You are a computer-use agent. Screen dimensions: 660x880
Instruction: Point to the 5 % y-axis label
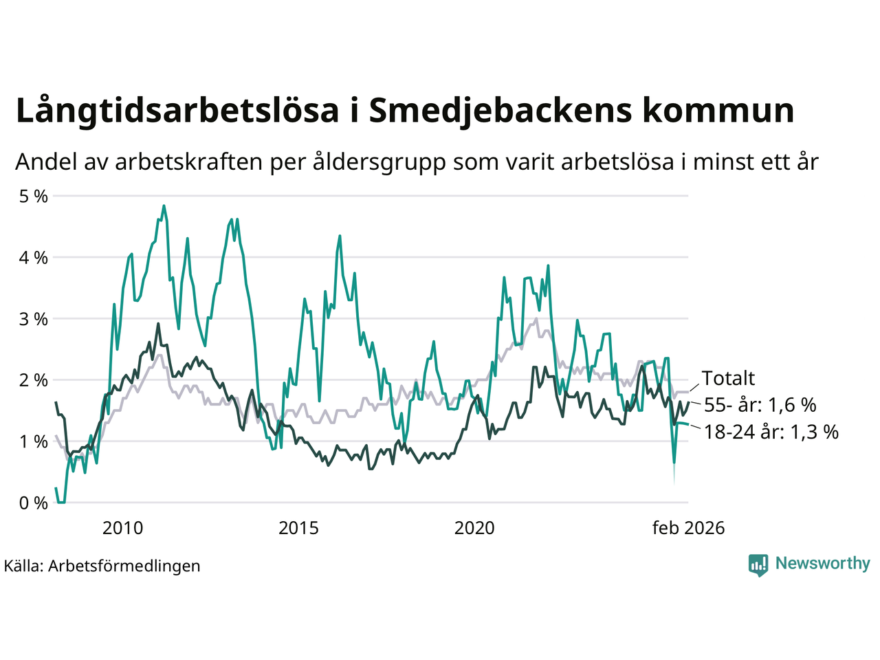tap(34, 197)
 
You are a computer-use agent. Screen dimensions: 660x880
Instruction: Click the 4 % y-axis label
tap(34, 258)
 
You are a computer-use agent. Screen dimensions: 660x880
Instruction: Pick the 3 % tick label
tap(34, 319)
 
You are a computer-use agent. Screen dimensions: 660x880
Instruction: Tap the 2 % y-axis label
tap(34, 380)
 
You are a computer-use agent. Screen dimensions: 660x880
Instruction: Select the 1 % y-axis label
tap(34, 441)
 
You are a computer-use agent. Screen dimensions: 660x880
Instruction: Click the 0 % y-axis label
tap(34, 503)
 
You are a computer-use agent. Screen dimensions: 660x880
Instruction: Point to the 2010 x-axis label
tap(122, 528)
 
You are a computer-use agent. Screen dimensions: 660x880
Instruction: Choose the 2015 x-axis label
tap(298, 528)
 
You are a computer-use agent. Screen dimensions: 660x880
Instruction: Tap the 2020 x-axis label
tap(474, 528)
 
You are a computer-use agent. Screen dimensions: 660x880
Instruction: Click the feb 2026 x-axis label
tap(688, 528)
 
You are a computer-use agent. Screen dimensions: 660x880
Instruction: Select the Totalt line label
tap(728, 378)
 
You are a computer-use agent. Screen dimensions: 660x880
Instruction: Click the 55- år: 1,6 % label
tap(760, 405)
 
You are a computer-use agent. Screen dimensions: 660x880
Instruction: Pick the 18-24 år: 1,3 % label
tap(771, 432)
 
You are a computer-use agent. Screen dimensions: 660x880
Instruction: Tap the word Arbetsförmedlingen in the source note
tap(124, 566)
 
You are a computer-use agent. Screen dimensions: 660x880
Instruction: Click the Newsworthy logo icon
tap(758, 564)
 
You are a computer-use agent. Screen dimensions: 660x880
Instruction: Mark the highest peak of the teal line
tap(164, 206)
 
